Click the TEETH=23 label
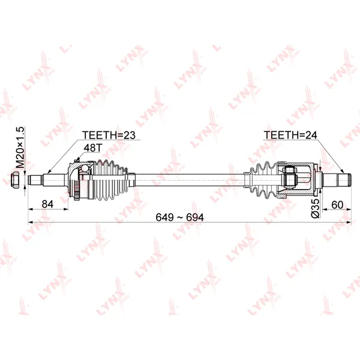[109, 135]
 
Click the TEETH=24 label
[290, 135]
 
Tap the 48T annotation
[92, 148]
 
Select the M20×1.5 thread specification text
[20, 148]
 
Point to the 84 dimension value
[47, 204]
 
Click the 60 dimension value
[337, 205]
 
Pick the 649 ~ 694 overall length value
[179, 217]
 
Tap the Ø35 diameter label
[315, 208]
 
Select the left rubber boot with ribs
[110, 180]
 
